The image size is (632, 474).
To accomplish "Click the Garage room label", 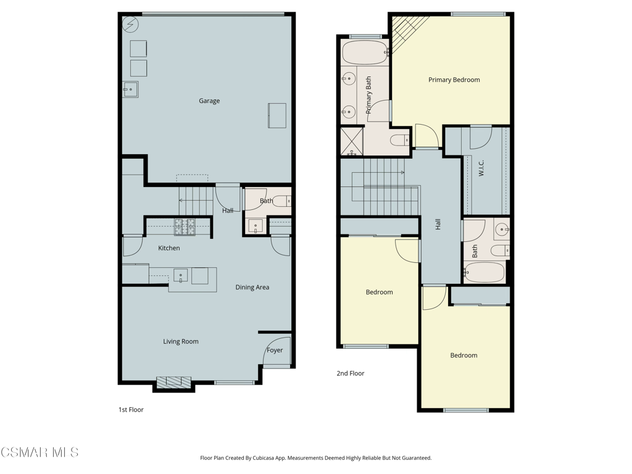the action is (x=209, y=101).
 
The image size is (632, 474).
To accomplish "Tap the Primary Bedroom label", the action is (x=454, y=80).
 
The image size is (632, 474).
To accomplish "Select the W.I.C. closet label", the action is (x=481, y=168).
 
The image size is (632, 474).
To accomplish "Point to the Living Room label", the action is (x=181, y=341).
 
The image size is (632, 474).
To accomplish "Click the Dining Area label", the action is (x=252, y=287).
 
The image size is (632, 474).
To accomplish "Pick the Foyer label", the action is (x=275, y=350).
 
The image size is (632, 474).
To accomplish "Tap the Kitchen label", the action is (x=169, y=248).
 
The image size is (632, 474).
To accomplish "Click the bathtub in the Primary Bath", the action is (x=365, y=52).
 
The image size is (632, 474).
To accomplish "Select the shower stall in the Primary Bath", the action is (x=352, y=141).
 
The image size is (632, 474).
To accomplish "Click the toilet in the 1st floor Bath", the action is (x=281, y=201).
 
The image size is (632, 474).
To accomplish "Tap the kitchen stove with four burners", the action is (x=185, y=227).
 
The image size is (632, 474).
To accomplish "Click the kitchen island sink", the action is (x=181, y=276).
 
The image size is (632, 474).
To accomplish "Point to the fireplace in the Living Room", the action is (x=173, y=382).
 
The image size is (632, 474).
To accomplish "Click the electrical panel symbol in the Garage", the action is (x=131, y=25).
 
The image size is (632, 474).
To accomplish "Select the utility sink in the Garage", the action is (x=131, y=89).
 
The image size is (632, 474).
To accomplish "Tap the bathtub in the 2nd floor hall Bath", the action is (x=484, y=272).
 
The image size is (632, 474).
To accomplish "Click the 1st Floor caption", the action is (x=131, y=410).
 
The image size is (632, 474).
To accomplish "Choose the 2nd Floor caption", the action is (x=351, y=373).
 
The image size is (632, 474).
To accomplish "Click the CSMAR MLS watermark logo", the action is (x=39, y=452).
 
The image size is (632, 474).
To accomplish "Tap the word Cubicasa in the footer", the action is (x=262, y=458).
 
